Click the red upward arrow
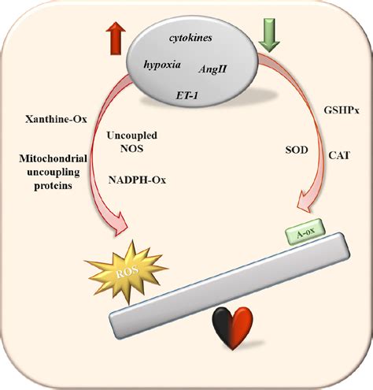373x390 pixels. click(116, 39)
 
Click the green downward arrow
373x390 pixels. click(269, 35)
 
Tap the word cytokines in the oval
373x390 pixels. click(190, 38)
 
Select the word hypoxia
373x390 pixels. click(162, 65)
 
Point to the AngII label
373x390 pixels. click(212, 69)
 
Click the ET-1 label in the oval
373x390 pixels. click(186, 95)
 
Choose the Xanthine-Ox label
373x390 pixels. click(56, 120)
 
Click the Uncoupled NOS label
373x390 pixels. click(132, 142)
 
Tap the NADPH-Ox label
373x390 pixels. click(137, 180)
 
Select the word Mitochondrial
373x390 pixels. click(53, 158)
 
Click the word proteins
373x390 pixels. click(53, 186)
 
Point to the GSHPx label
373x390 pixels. click(342, 110)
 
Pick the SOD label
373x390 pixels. click(297, 150)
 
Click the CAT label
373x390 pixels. click(339, 155)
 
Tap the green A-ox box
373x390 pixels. click(305, 232)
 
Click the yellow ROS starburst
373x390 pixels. click(127, 271)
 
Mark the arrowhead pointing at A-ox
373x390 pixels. click(305, 201)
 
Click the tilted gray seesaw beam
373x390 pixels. click(230, 285)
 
